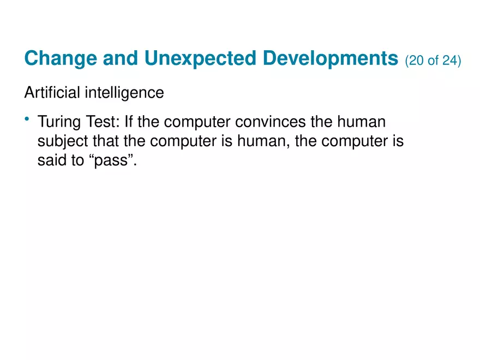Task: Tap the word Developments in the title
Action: click(x=331, y=58)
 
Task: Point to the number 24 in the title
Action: click(x=449, y=61)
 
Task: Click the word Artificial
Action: click(x=52, y=93)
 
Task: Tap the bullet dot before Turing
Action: click(x=27, y=119)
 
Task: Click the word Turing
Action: click(x=58, y=122)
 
